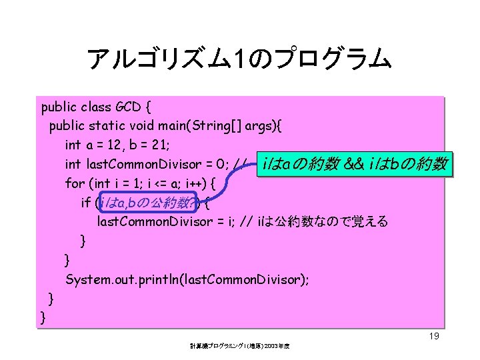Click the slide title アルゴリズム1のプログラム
[239, 61]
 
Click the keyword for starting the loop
[75, 183]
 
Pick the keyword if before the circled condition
[85, 202]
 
